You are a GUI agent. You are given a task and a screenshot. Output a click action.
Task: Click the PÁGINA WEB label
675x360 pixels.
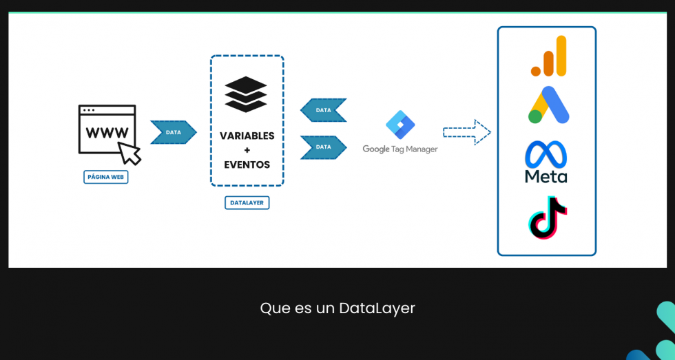click(106, 177)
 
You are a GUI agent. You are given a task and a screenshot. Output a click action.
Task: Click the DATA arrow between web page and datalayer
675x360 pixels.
click(174, 132)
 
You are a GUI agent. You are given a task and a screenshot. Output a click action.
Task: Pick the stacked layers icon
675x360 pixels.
click(246, 94)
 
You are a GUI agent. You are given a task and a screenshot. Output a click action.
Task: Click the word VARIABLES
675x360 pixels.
click(247, 136)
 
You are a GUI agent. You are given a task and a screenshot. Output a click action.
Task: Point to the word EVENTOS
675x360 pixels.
click(247, 165)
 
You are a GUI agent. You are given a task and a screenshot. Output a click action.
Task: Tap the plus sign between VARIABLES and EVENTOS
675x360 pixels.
click(247, 150)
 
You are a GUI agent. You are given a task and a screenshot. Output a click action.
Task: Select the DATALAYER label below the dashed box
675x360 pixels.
click(247, 203)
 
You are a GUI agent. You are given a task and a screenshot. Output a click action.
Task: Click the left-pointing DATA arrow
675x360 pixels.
click(323, 110)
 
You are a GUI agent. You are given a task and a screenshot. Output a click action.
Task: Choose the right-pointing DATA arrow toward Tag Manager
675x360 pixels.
click(323, 147)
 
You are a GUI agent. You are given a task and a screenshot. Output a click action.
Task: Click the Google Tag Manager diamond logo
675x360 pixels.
click(400, 125)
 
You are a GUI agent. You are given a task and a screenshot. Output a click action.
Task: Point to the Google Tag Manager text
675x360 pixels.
click(400, 149)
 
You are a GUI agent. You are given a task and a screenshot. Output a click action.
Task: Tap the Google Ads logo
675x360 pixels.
click(548, 105)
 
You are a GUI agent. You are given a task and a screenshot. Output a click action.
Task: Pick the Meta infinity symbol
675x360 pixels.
click(546, 154)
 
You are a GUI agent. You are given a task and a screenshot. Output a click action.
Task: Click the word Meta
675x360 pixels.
click(546, 176)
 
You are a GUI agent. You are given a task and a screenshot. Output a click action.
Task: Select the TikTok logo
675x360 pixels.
click(547, 218)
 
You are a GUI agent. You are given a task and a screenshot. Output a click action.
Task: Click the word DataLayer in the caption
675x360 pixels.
click(377, 308)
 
